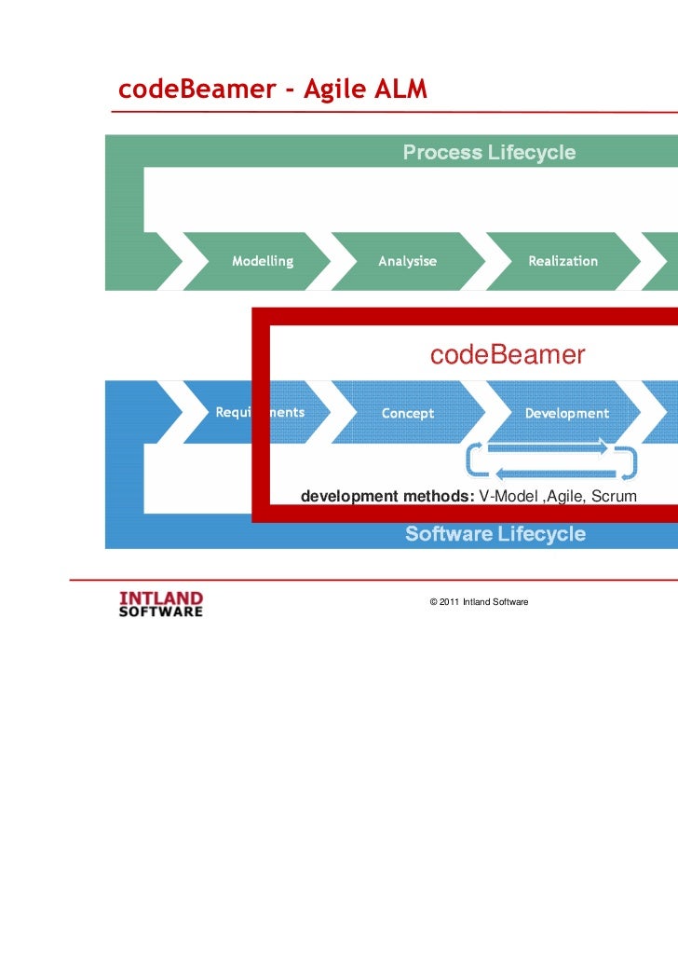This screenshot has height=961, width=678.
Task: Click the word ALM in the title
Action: coord(400,89)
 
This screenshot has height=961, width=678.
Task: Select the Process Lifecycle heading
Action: coord(489,153)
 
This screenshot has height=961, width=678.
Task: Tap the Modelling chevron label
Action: coord(263,261)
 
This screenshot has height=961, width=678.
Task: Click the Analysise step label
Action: coord(407,261)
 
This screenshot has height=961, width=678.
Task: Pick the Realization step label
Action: coord(563,261)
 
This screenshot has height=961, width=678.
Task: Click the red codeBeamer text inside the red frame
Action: coord(507,355)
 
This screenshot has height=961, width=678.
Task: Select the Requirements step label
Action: coord(260,413)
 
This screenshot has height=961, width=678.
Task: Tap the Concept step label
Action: coord(408,414)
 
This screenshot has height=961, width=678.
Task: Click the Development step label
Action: coord(566,414)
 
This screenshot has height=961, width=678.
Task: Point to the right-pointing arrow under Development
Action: coord(549,446)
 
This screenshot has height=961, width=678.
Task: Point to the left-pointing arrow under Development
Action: coord(549,472)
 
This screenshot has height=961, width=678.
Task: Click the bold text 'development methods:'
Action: coord(387,496)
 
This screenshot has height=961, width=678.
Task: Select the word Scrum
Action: coord(615,496)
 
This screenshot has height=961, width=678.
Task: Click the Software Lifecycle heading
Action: coord(495,534)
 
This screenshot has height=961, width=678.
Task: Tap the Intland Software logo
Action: coord(161,603)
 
